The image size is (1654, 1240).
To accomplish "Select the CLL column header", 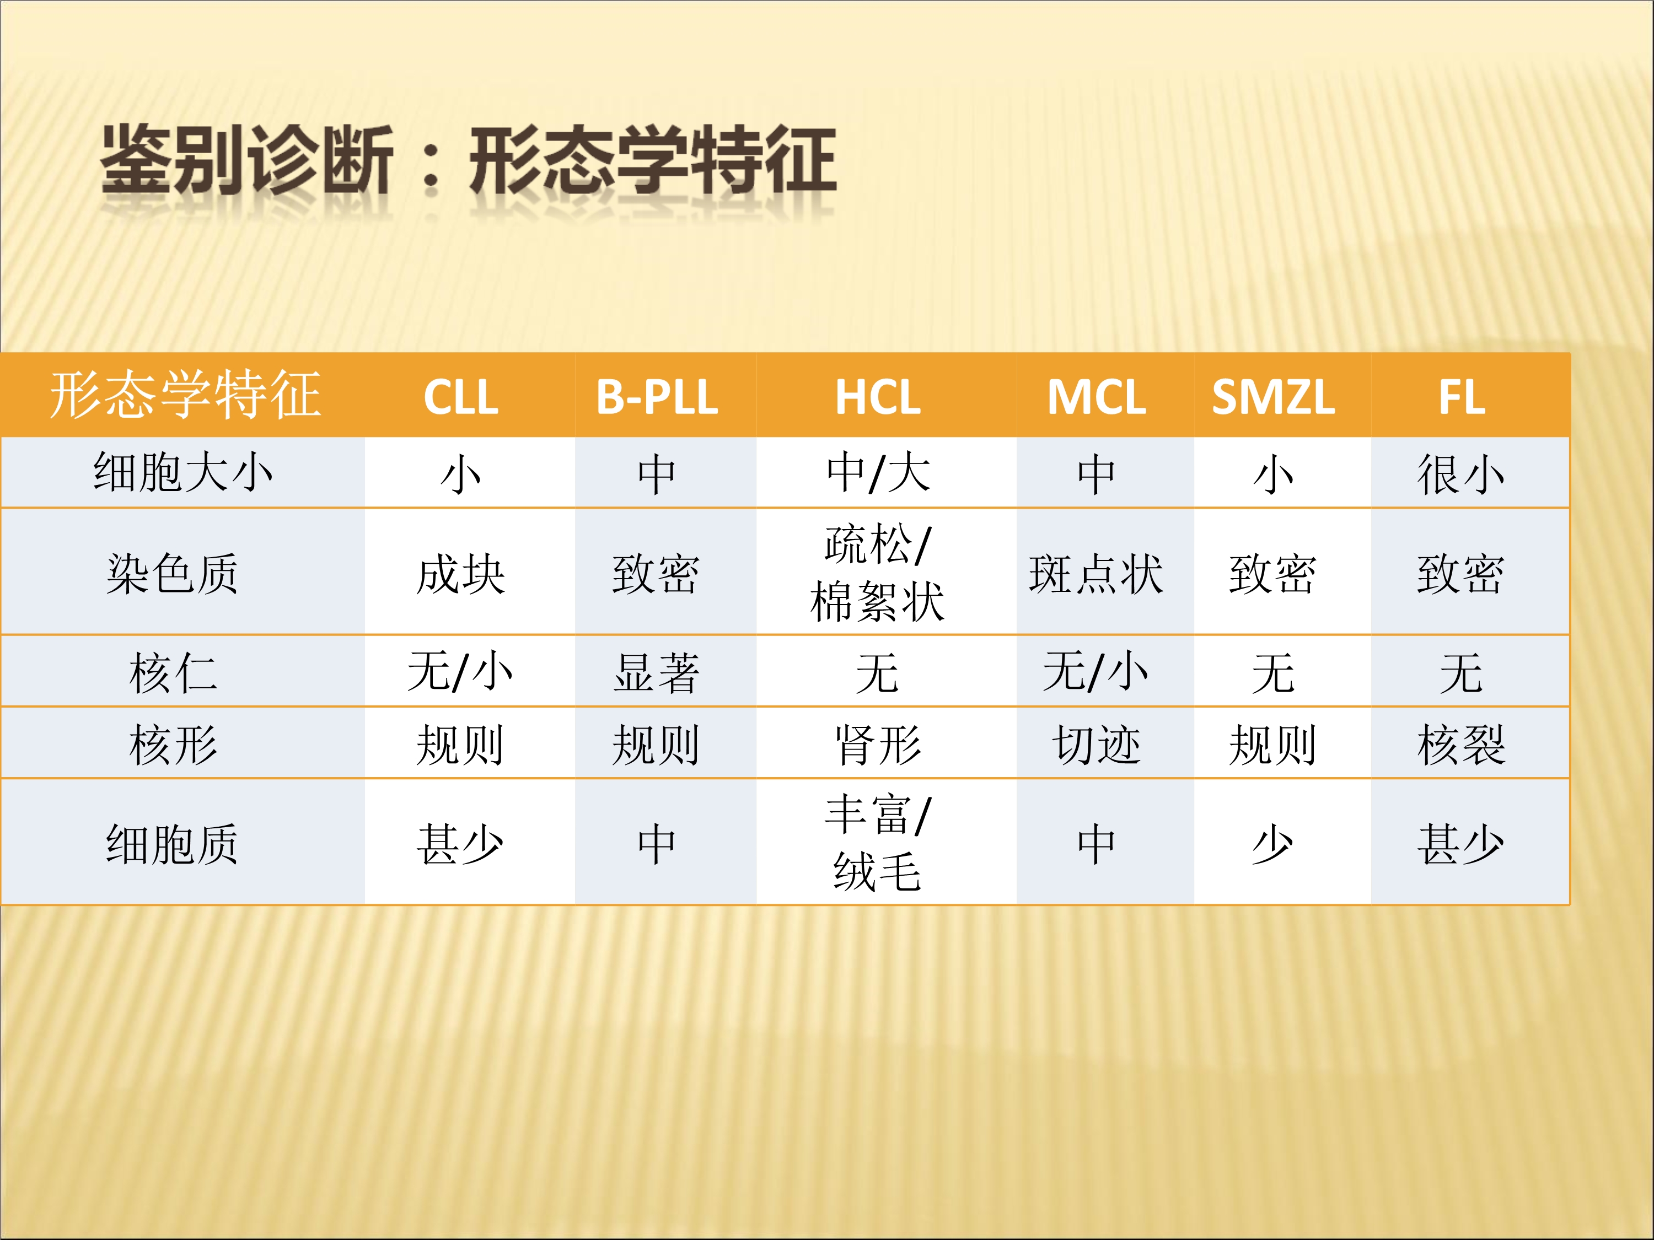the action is (460, 397).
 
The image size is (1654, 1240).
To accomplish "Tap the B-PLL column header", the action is (657, 397).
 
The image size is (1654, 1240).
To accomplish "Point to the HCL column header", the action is (878, 397).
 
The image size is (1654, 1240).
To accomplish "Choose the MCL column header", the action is (1096, 397).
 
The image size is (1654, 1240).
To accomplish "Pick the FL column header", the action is (1462, 397).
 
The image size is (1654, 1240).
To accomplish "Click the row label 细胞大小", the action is (183, 472).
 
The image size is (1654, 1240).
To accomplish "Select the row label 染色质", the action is (173, 573).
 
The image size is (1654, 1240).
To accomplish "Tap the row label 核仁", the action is (173, 672).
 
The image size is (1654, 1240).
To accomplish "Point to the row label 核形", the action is (173, 745).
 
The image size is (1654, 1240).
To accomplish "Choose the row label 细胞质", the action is (173, 844).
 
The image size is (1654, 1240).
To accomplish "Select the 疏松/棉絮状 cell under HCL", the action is (878, 573).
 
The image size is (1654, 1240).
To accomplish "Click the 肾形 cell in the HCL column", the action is (878, 745).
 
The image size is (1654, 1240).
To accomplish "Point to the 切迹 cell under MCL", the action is (1096, 745).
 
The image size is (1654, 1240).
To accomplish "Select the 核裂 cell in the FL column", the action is (1461, 745).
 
